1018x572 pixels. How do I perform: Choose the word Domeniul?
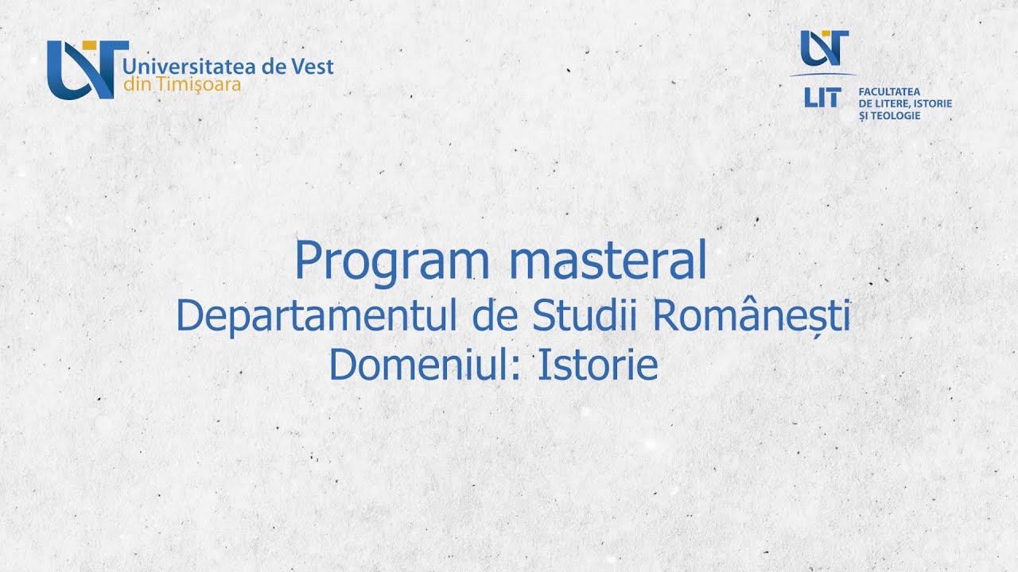(x=420, y=365)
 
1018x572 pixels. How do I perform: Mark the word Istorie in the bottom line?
(x=598, y=365)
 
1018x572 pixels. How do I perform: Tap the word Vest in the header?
(x=313, y=66)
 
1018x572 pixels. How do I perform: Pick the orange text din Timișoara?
(x=182, y=84)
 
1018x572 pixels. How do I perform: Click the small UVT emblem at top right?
(x=824, y=48)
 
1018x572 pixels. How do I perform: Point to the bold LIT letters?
(x=822, y=98)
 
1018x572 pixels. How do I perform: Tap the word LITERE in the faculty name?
(x=892, y=104)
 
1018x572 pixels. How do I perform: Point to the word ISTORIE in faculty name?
(x=934, y=104)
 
